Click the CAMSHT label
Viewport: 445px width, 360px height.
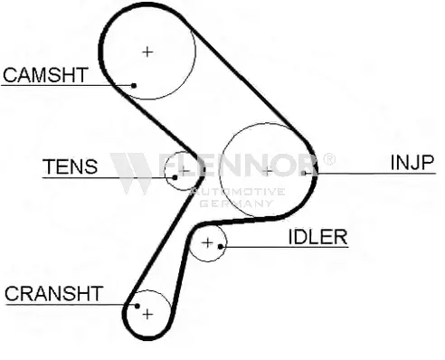[45, 75]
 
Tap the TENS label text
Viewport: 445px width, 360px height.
[71, 166]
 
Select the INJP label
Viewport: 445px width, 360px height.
[412, 162]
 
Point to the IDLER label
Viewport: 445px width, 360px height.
[317, 237]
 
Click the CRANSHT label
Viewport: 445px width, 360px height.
[54, 293]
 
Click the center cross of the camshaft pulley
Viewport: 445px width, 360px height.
[147, 52]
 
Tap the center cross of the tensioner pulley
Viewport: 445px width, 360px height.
[184, 171]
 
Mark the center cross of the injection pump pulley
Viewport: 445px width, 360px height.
[267, 171]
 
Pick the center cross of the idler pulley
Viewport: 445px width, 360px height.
[207, 242]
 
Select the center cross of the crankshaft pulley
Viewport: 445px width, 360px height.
[147, 315]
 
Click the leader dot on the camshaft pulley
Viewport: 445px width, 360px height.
[134, 86]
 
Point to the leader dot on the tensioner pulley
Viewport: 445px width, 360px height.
[175, 177]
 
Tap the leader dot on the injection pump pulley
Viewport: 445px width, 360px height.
[304, 173]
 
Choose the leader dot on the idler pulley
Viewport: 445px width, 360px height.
[221, 247]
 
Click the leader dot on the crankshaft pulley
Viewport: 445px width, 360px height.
[137, 306]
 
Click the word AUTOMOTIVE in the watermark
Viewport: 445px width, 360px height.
[238, 192]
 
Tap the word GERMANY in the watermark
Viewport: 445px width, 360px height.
[236, 204]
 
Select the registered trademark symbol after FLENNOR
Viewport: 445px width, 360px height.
[329, 159]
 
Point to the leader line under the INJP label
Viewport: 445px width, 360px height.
[370, 174]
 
